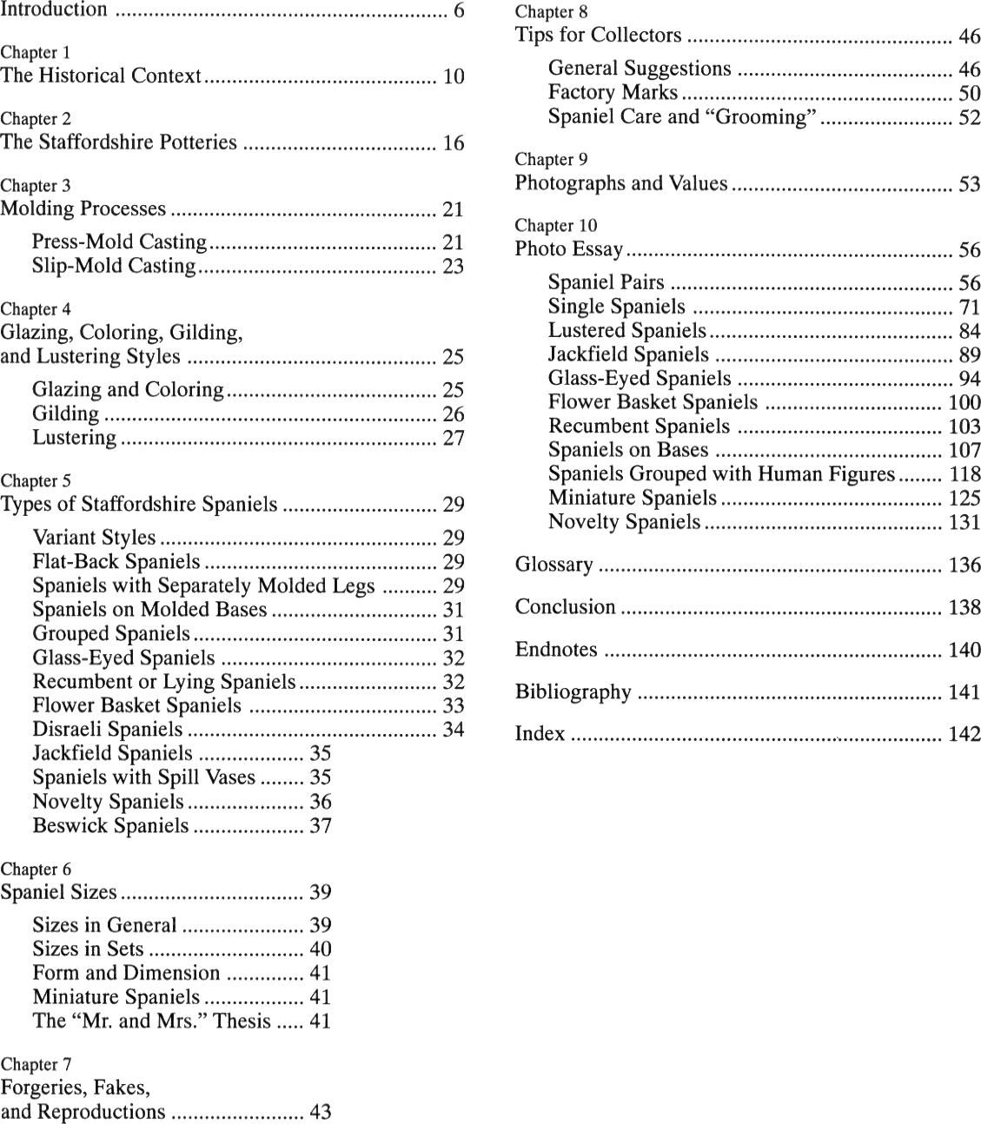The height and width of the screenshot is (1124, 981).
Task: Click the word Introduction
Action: pyautogui.click(x=54, y=10)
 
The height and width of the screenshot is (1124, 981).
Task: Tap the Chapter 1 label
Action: pyautogui.click(x=36, y=52)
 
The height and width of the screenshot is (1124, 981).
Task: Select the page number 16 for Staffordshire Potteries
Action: pyautogui.click(x=454, y=142)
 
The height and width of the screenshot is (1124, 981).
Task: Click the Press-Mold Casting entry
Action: pyautogui.click(x=119, y=241)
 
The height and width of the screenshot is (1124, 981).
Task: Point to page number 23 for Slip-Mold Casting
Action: pyautogui.click(x=454, y=266)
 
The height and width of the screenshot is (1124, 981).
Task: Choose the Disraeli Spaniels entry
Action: pyautogui.click(x=108, y=729)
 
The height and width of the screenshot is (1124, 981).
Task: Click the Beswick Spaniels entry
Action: pyautogui.click(x=110, y=825)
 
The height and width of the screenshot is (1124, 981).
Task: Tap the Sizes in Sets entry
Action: pyautogui.click(x=88, y=949)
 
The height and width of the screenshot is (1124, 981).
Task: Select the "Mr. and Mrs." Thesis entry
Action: pyautogui.click(x=152, y=1021)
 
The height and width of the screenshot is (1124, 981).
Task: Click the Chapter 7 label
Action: pyautogui.click(x=36, y=1064)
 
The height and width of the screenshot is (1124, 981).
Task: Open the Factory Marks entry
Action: pyautogui.click(x=613, y=92)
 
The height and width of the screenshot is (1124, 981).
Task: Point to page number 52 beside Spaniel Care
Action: pyautogui.click(x=969, y=117)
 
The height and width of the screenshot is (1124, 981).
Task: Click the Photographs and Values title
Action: pyautogui.click(x=620, y=183)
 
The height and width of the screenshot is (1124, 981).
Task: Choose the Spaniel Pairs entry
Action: pyautogui.click(x=606, y=282)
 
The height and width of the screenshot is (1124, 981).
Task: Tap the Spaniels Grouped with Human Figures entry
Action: pyautogui.click(x=721, y=473)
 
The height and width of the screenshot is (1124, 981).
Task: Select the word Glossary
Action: pyautogui.click(x=553, y=565)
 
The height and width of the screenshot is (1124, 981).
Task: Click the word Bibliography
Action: pyautogui.click(x=573, y=691)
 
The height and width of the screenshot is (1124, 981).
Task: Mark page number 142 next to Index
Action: pyautogui.click(x=964, y=734)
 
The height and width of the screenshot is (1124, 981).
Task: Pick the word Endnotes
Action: pyautogui.click(x=556, y=650)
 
